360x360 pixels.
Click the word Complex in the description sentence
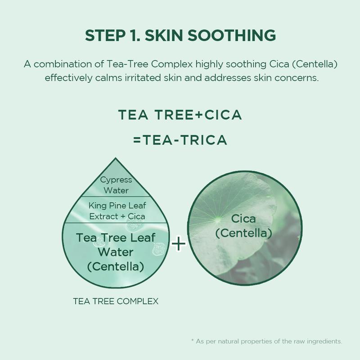coord(172,64)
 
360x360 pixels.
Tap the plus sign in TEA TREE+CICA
coord(198,115)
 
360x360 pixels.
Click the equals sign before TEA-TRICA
coord(137,140)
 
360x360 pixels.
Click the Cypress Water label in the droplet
coord(116,185)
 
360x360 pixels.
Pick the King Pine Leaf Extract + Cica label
coord(117,211)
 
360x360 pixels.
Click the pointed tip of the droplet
coord(116,158)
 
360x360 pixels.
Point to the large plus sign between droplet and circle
coord(178,243)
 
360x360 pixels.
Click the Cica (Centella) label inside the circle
coord(243,226)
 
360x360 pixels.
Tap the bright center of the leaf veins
coord(217,220)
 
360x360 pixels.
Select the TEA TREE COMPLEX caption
coord(116,301)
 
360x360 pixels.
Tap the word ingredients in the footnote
coord(324,342)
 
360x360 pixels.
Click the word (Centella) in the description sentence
coord(315,64)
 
